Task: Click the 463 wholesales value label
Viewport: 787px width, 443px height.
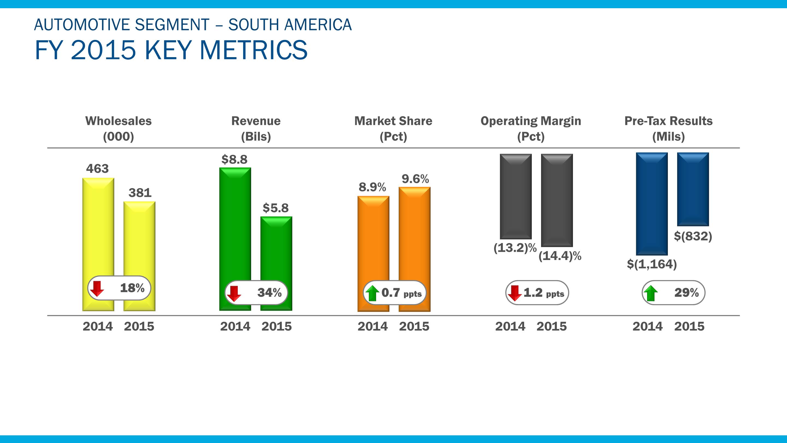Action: pos(98,169)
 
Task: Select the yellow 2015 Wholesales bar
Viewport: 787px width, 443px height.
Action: pos(139,238)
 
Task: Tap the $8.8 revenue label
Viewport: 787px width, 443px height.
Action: pos(234,159)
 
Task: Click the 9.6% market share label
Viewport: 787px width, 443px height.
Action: pos(415,179)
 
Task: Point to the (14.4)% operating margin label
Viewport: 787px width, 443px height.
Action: pos(560,256)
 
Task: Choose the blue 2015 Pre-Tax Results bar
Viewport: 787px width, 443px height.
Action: pos(693,189)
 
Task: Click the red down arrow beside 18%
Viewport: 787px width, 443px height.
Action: pos(98,288)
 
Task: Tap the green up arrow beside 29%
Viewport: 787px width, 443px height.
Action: pos(650,293)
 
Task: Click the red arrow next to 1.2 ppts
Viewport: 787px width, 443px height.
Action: pos(515,293)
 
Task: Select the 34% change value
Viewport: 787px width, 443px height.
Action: pos(269,293)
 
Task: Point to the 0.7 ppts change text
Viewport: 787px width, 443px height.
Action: pos(401,293)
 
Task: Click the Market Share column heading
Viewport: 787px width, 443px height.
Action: pos(393,121)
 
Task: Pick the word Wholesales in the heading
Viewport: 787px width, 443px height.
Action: pos(118,121)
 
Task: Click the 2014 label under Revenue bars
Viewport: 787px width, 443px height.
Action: pos(235,327)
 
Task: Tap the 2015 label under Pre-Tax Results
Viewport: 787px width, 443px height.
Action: pos(689,327)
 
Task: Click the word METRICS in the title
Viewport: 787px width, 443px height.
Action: pos(253,50)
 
